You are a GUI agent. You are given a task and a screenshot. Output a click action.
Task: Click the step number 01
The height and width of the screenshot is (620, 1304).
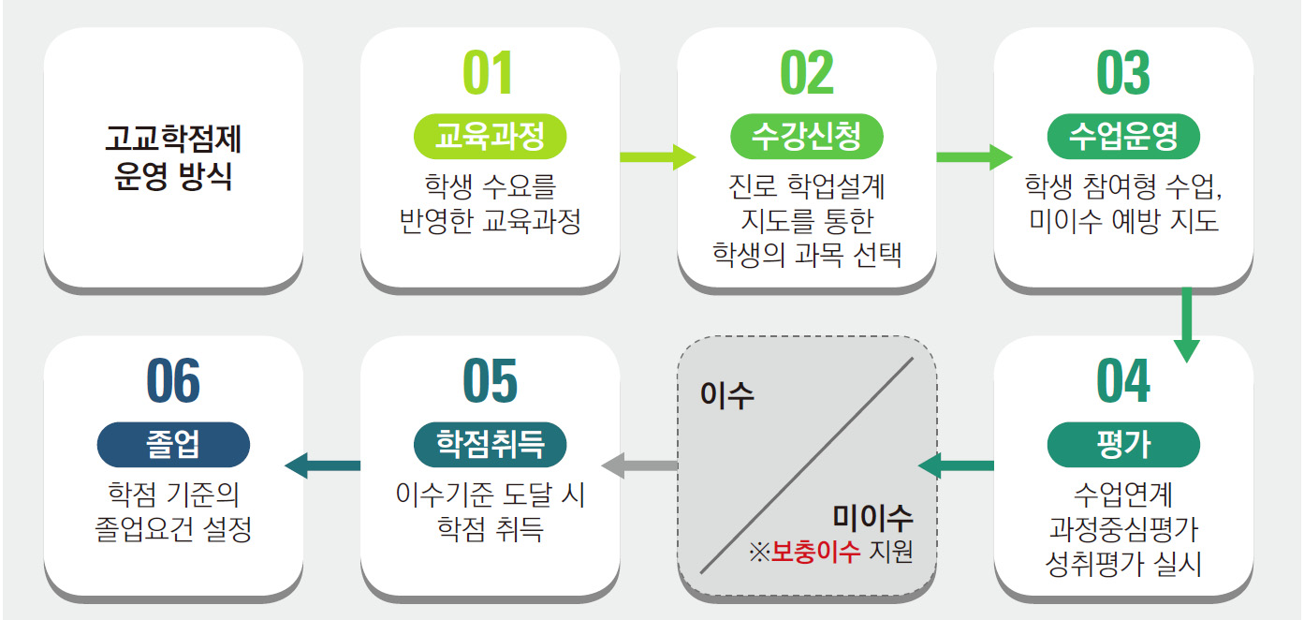coord(490,74)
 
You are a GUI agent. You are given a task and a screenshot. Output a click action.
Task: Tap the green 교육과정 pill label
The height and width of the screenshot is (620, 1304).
coord(490,138)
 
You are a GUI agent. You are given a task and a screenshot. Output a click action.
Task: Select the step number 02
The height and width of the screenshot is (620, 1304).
coord(806,74)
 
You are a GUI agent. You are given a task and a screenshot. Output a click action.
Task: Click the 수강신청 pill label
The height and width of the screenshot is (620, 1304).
coord(806,138)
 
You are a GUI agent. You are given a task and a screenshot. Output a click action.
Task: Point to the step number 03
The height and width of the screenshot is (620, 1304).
coord(1122,74)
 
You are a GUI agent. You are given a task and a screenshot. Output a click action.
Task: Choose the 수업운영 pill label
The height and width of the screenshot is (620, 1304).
coord(1122,138)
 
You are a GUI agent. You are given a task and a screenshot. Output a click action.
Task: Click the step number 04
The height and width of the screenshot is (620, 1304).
coord(1122,381)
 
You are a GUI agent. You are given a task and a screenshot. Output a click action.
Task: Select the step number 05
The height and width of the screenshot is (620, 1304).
coord(490,381)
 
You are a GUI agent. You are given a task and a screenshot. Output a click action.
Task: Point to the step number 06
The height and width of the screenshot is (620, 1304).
coord(173,381)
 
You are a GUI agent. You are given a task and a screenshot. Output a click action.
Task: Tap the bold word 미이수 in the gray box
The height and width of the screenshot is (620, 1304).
coord(872,517)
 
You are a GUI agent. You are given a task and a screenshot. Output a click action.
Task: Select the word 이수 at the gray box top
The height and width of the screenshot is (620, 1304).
coord(727,395)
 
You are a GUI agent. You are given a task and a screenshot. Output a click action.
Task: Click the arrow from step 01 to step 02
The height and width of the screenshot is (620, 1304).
coord(657,157)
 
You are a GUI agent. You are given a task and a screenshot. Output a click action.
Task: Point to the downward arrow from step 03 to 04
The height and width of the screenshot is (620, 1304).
coord(1186,324)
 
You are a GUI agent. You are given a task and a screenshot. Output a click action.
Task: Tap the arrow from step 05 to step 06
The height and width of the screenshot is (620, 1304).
coord(322,464)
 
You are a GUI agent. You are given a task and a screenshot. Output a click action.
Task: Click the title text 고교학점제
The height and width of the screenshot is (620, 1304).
coord(173,140)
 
